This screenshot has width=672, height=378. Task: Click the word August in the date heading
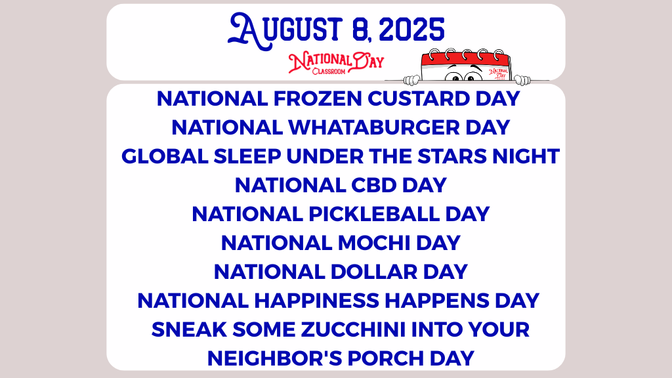pos(285,30)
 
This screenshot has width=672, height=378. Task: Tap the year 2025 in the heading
pos(411,30)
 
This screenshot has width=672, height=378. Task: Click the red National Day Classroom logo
pos(336,63)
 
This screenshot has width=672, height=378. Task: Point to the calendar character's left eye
pos(453,76)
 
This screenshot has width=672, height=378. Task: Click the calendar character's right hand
pos(522,79)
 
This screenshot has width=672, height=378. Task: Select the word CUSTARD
pos(418,98)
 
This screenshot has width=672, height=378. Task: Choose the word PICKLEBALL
pos(374,214)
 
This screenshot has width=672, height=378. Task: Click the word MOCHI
pos(374,243)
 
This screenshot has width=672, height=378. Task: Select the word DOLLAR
pos(373,272)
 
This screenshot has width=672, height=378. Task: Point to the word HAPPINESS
pos(317,301)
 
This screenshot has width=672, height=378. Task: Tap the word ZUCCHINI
pos(353,329)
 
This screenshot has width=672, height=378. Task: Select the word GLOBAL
pos(165,156)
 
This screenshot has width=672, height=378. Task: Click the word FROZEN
pos(318,98)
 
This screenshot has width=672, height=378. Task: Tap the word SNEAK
pos(189,329)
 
